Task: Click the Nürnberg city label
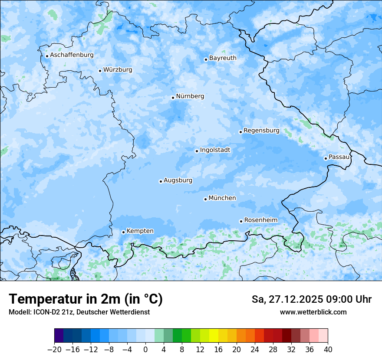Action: [x=190, y=96]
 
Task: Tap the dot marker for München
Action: [x=205, y=199]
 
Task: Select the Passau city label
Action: [x=339, y=157]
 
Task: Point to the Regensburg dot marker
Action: [x=240, y=132]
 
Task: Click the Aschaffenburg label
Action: [x=72, y=55]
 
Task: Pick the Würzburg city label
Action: [x=118, y=70]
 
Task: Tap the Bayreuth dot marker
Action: [x=206, y=59]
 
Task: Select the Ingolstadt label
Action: [x=215, y=150]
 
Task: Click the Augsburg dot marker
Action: [x=161, y=181]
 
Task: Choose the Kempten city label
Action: [x=140, y=231]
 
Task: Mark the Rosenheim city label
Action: [x=260, y=220]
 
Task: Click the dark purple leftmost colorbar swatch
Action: [x=59, y=336]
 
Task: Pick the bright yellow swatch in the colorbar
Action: [x=214, y=336]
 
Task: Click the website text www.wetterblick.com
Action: [x=313, y=312]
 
